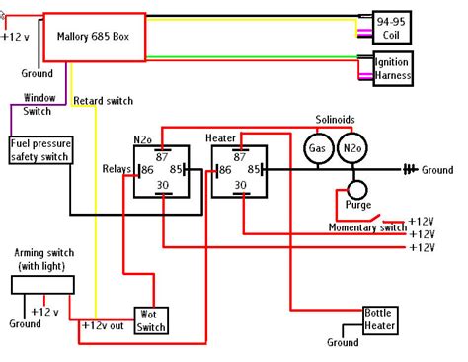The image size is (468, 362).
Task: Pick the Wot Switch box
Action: pyautogui.click(x=151, y=318)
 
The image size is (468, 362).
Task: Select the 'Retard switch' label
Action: pyautogui.click(x=103, y=101)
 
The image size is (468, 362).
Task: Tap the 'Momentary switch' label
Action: pyautogui.click(x=366, y=227)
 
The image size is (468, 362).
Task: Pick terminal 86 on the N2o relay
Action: pyautogui.click(x=145, y=170)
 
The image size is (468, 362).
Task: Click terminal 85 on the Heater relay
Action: pyautogui.click(x=256, y=170)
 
